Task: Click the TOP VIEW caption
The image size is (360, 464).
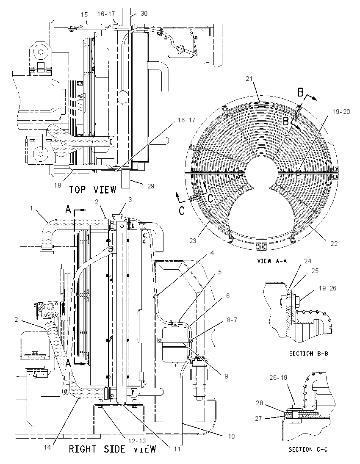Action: tap(93, 189)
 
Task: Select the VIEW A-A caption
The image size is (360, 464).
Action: tap(272, 261)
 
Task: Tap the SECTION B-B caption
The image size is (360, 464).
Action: tap(308, 354)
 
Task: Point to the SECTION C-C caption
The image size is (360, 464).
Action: tap(308, 449)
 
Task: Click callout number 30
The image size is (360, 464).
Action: tap(144, 14)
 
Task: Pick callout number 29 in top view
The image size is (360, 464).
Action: tap(151, 186)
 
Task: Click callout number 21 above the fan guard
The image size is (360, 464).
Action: tap(249, 78)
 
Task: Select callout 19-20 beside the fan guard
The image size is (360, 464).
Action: tap(341, 112)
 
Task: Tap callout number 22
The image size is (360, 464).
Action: tap(334, 244)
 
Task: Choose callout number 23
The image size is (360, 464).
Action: tap(193, 241)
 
